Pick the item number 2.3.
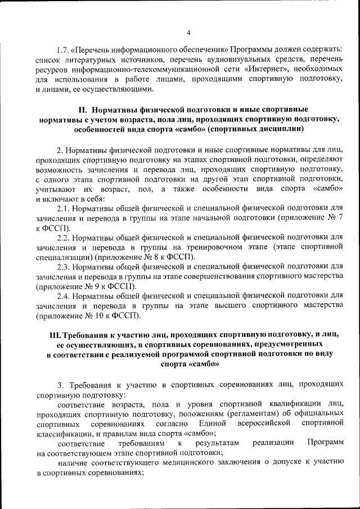click(65, 266)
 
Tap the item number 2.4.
click(65, 295)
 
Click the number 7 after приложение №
click(339, 218)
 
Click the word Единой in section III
click(213, 422)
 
